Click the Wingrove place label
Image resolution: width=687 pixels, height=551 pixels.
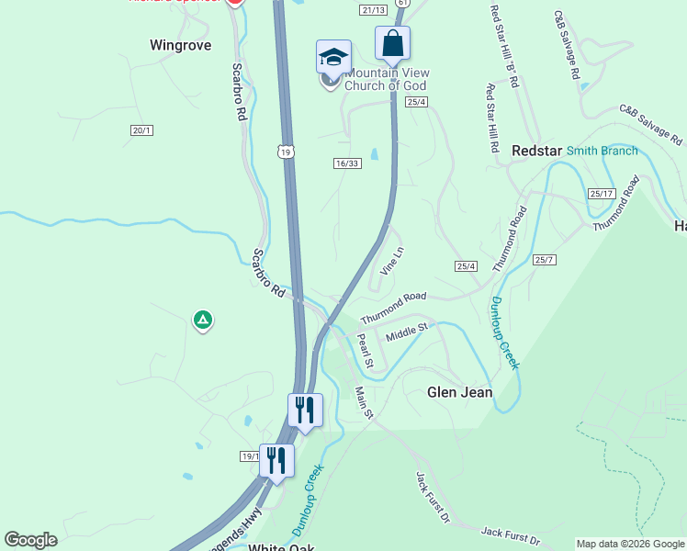tap(180, 44)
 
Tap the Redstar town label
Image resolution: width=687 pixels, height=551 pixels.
tap(536, 151)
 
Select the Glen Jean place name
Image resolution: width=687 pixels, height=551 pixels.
tap(460, 392)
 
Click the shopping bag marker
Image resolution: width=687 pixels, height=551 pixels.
tap(392, 44)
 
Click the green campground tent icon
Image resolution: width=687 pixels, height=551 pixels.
tap(202, 320)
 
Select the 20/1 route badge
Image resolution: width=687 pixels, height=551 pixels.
tap(141, 131)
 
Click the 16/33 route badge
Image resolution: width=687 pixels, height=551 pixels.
tap(347, 163)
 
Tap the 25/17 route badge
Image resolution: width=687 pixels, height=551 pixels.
tap(602, 194)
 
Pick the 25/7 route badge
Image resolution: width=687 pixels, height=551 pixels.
tap(545, 260)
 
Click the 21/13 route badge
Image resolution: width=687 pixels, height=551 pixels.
tap(373, 10)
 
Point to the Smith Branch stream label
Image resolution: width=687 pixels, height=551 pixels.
tap(602, 151)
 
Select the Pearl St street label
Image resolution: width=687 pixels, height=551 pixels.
tap(364, 350)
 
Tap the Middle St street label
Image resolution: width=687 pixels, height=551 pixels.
tap(407, 332)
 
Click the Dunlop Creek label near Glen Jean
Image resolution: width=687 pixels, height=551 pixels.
tap(504, 332)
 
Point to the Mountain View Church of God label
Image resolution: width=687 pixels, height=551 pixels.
tap(387, 80)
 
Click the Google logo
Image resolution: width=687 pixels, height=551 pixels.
tap(31, 540)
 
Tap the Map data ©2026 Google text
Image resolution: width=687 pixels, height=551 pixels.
tap(630, 544)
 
